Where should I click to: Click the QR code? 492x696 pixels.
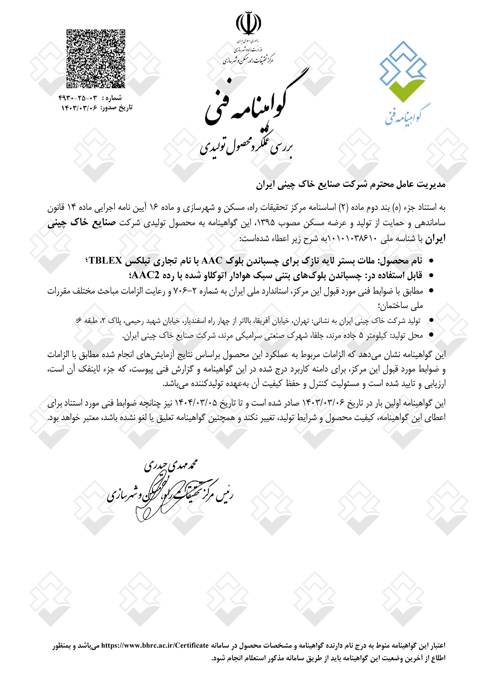click(x=96, y=59)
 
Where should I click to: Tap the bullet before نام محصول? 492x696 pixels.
click(x=429, y=261)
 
